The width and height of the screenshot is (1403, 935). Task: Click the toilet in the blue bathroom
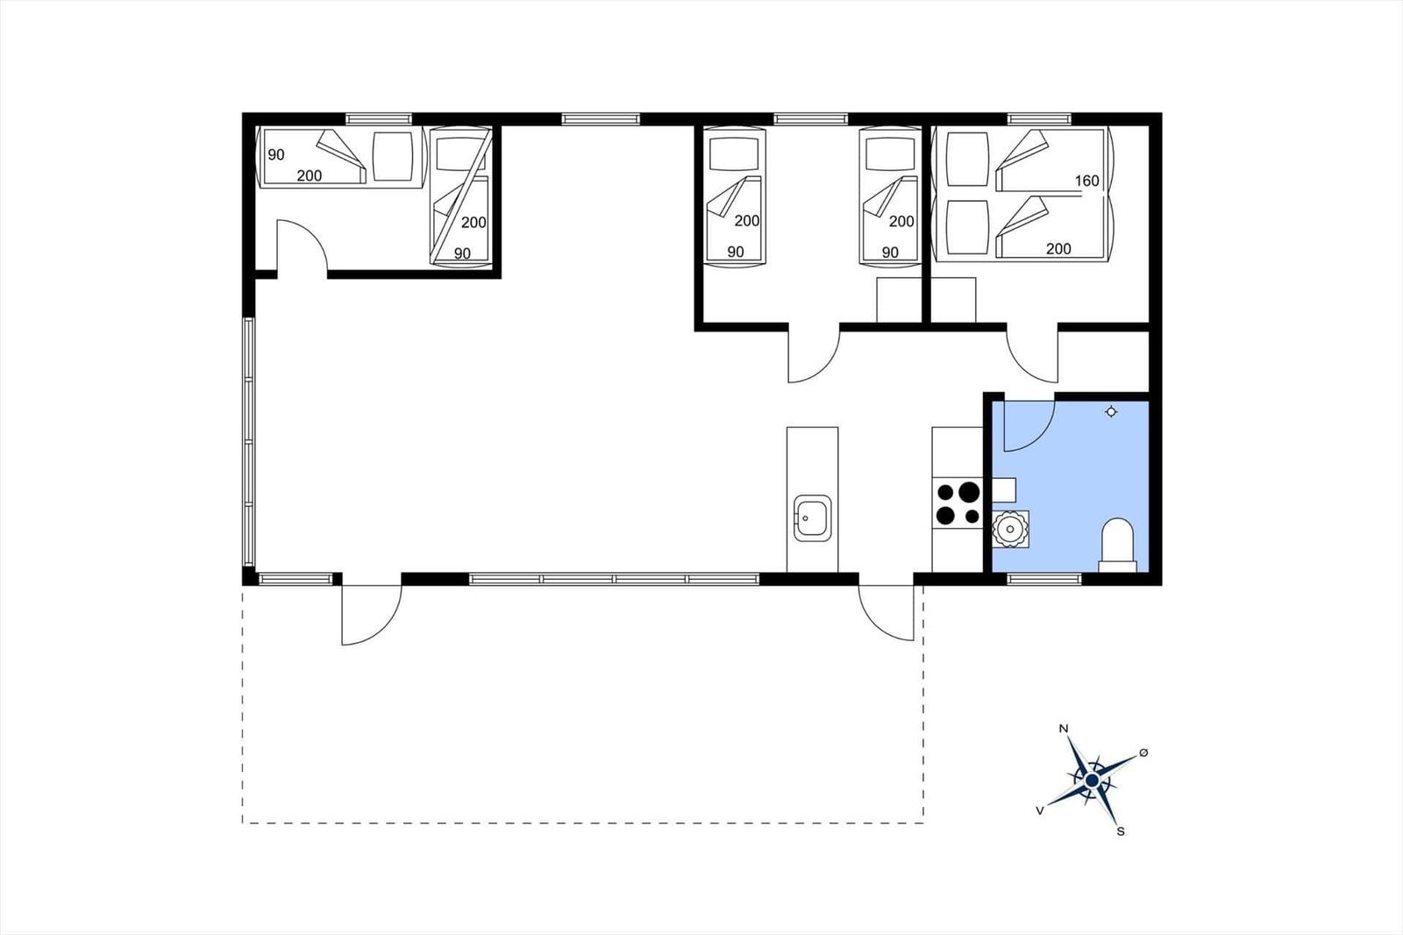tap(1118, 545)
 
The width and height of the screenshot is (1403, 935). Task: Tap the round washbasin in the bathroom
tap(1009, 530)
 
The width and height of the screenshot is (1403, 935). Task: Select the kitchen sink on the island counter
tap(812, 518)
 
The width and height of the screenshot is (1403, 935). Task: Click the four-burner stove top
tap(958, 503)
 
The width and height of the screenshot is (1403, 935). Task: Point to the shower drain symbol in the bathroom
tap(1111, 411)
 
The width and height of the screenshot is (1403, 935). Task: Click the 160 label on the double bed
tap(1086, 181)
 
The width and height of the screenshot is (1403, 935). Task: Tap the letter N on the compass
tap(1064, 728)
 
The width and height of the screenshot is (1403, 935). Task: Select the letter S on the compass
tap(1121, 832)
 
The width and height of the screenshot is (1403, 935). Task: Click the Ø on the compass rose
tap(1143, 752)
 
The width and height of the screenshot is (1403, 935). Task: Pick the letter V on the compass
tap(1040, 811)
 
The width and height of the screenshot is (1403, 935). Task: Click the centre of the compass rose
tap(1093, 781)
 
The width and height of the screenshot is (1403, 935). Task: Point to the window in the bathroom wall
tap(1044, 579)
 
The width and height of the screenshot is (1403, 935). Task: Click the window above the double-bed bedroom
tap(1039, 118)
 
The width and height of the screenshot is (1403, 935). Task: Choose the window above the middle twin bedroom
tap(810, 118)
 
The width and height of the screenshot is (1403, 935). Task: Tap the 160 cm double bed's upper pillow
tap(967, 159)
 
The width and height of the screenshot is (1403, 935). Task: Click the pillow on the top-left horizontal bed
tap(393, 156)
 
